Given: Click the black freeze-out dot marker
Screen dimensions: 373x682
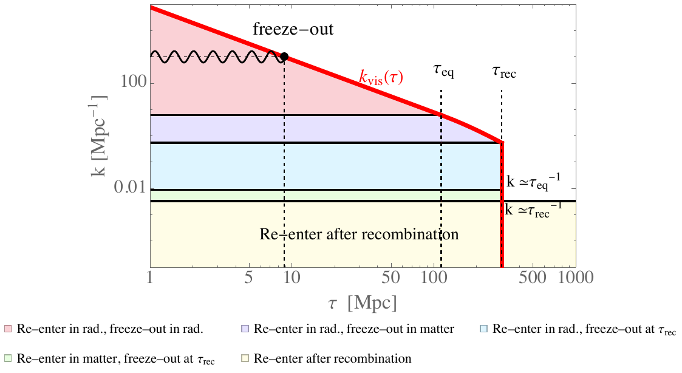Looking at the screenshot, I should tap(284, 56).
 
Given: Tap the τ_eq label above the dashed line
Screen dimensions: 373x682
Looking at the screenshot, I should tap(443, 72).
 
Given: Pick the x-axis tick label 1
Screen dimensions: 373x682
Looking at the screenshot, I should tap(150, 278).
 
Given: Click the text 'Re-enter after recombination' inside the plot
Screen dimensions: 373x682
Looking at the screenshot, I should tap(358, 234).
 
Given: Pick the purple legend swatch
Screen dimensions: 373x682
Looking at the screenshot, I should tap(245, 330).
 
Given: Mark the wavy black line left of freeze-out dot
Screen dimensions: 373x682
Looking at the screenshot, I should tap(216, 57).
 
